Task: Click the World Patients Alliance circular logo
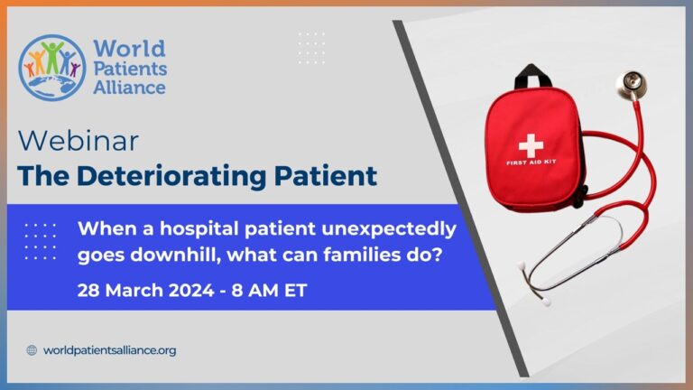point(52,68)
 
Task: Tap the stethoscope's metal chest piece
point(629,84)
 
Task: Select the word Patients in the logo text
point(136,68)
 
